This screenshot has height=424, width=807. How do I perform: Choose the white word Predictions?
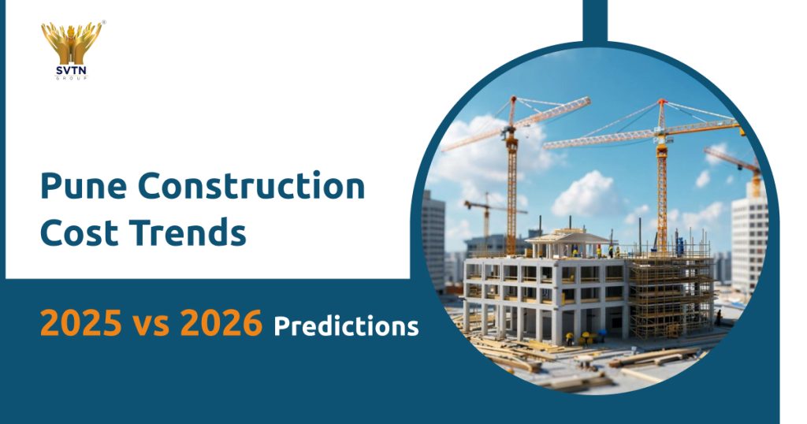point(346,325)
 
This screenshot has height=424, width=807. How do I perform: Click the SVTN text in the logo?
point(72,69)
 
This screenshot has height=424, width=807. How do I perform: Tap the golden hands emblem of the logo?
point(72,43)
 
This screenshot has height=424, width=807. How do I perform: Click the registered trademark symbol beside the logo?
point(104,23)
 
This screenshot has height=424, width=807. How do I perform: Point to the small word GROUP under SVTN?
point(72,77)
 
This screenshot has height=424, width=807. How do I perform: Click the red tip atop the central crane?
point(660,102)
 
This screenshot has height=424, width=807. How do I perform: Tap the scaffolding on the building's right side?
point(670,288)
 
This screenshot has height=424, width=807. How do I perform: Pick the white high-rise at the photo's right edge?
point(748,236)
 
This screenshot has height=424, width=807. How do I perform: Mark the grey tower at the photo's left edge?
point(433,236)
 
